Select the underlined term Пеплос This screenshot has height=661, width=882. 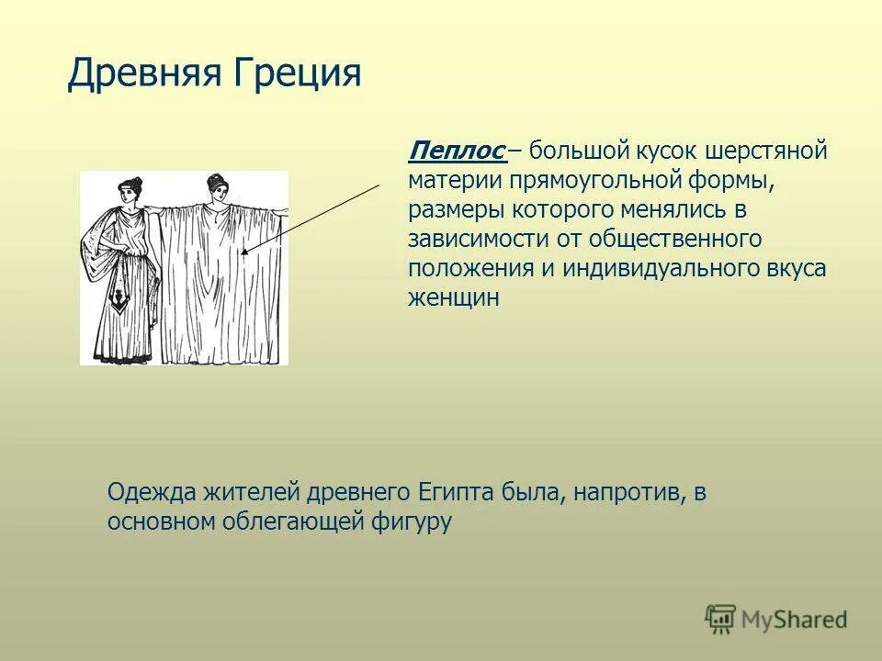[457, 150]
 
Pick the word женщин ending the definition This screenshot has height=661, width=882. [454, 297]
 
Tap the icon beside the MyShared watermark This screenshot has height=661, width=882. [721, 620]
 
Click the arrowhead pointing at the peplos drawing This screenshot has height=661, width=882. [244, 250]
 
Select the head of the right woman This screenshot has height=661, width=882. [218, 188]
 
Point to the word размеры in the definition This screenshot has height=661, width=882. [453, 209]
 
